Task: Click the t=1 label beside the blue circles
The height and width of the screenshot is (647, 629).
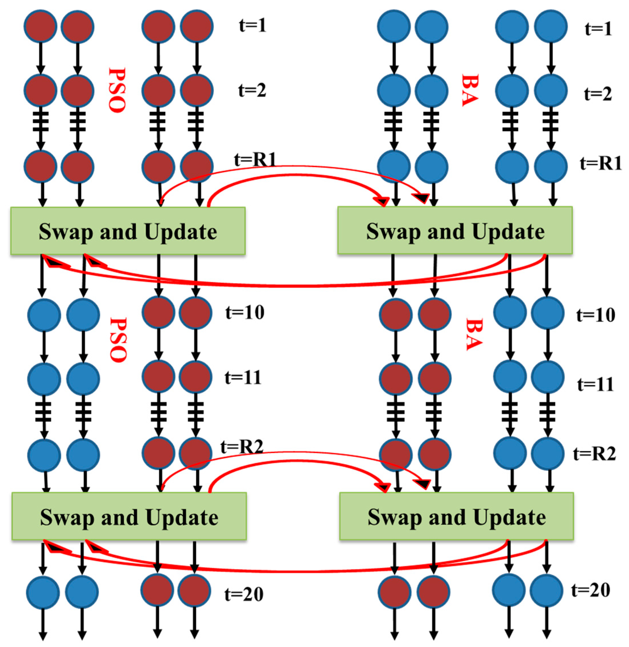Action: pos(598,29)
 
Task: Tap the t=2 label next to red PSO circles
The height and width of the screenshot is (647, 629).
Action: pos(252,90)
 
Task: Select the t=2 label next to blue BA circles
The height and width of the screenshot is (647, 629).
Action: pos(598,94)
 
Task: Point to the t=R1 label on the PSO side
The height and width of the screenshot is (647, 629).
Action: pos(255,160)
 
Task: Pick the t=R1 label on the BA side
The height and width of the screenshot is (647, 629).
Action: pos(601,163)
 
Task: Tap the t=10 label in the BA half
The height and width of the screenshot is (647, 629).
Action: pos(596,315)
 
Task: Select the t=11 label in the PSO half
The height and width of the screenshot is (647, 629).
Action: pos(243,377)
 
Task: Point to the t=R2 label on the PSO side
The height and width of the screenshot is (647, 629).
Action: pos(242,447)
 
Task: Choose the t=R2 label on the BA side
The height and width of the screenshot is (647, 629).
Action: pos(594,454)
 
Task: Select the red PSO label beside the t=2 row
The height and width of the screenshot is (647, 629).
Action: pos(117,90)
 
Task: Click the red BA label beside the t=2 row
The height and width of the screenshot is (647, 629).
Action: pos(470,90)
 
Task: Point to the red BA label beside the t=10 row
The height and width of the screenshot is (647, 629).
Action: pos(474,334)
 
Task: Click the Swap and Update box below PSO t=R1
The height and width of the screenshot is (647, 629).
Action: pos(128,231)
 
